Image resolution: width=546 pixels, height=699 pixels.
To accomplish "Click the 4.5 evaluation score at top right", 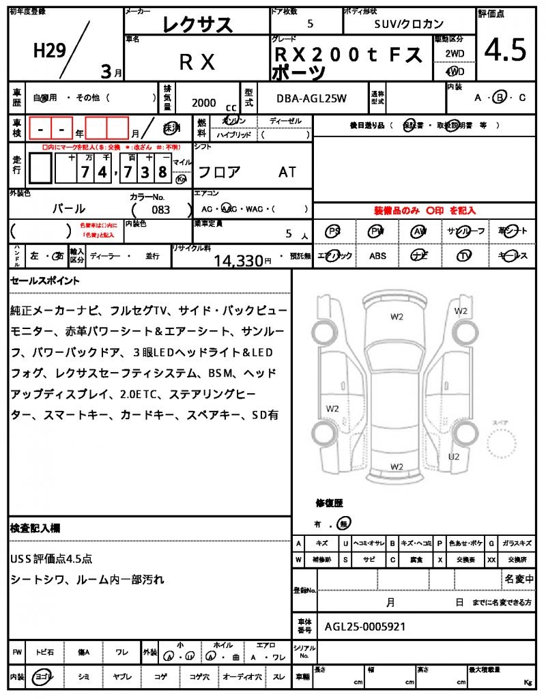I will (505, 50).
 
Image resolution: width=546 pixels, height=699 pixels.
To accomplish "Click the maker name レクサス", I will (197, 25).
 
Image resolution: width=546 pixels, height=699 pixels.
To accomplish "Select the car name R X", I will (197, 62).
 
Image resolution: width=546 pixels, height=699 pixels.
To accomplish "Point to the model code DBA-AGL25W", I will (311, 98).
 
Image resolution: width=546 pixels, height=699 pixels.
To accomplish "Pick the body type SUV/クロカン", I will (409, 24).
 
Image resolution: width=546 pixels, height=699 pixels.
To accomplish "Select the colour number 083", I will (162, 210).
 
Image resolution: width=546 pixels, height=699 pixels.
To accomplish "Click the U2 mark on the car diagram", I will (454, 456).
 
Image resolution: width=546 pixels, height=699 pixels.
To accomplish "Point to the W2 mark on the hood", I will (397, 316).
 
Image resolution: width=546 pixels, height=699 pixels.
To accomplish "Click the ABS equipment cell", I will (377, 256).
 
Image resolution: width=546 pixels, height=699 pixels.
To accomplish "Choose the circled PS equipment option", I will (334, 231).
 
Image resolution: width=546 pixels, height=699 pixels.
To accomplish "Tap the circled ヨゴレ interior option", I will (45, 676).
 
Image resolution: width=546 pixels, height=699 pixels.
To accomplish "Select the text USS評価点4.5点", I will (51, 558).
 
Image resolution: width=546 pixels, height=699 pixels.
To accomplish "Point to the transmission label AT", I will (287, 172).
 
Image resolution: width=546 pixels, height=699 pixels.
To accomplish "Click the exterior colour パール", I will (69, 209).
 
